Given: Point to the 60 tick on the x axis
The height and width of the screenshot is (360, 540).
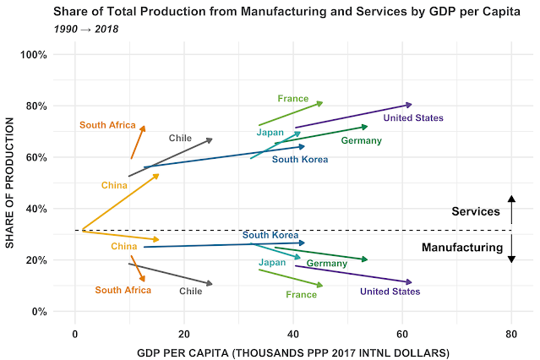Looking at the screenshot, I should [401, 333].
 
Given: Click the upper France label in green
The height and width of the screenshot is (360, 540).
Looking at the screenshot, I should [293, 99].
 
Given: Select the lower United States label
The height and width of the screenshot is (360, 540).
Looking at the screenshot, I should [390, 292].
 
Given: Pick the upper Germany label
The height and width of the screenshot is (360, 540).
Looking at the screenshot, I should [362, 140].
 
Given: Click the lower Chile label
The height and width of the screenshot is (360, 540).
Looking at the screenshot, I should [191, 291].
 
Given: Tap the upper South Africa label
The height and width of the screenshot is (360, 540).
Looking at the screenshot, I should [107, 125].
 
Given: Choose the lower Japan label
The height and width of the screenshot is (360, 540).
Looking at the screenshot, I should [272, 263].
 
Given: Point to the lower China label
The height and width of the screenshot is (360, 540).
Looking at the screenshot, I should [123, 247].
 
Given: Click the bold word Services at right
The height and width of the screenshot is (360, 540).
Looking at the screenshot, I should [476, 211].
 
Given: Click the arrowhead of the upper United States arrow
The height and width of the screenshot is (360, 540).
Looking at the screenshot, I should [409, 105].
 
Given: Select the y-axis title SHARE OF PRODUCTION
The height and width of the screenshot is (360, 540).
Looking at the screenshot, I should [10, 183].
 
